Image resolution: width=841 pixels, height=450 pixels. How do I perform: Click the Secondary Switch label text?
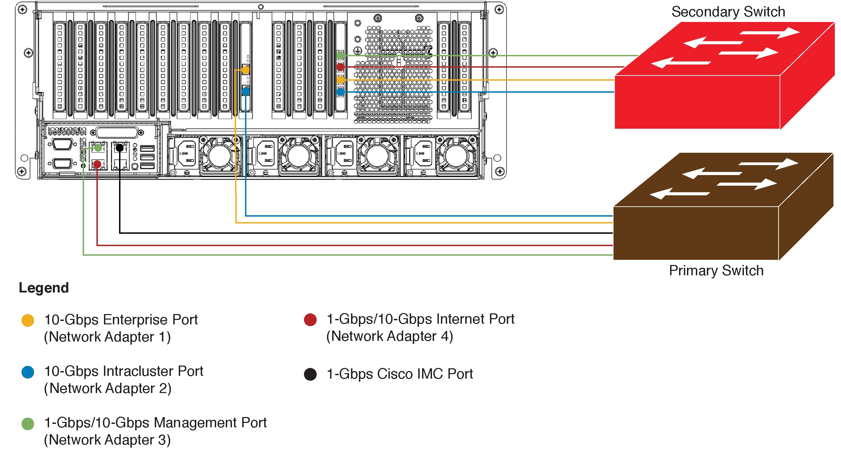coord(728,12)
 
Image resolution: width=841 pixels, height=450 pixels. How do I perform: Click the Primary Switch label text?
coord(716,271)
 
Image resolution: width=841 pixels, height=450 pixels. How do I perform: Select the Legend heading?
coord(44,288)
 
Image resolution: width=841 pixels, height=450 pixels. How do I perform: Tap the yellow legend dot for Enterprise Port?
coord(28,320)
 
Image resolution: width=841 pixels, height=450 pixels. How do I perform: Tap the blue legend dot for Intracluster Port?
coord(28,372)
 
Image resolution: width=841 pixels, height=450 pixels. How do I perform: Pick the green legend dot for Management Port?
coord(28,424)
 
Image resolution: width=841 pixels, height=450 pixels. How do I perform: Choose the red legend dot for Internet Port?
coord(310,320)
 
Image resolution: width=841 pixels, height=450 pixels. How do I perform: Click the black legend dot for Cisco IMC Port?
coord(310,374)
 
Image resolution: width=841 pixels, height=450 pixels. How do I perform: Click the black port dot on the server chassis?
coord(119,148)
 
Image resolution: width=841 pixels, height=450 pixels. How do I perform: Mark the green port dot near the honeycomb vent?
coord(340,55)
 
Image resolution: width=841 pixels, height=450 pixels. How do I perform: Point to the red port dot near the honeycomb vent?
coord(340,67)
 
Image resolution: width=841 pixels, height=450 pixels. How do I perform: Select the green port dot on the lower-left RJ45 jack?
coord(98,148)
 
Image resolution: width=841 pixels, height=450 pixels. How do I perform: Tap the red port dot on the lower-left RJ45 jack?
coord(97,164)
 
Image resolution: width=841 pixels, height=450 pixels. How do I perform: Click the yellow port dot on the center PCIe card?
coord(246,70)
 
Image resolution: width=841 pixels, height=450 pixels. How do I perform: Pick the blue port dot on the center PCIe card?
coord(246,91)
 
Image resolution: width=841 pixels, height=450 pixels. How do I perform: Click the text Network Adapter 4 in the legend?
coord(389,336)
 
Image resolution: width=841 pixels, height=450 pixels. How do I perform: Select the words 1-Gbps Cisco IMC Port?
coord(400,374)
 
